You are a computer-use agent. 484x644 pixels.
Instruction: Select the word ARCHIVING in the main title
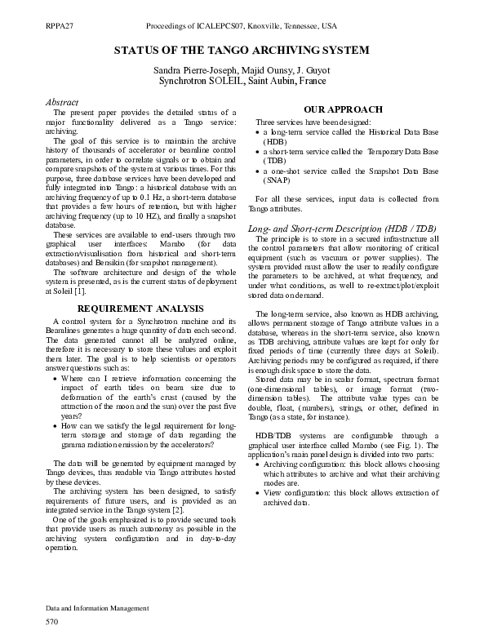(x=272, y=51)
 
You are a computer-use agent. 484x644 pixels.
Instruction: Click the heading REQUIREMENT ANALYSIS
(x=140, y=309)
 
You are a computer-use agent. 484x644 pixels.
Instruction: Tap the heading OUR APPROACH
(x=343, y=109)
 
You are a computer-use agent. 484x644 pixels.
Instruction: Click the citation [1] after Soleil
(x=79, y=291)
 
